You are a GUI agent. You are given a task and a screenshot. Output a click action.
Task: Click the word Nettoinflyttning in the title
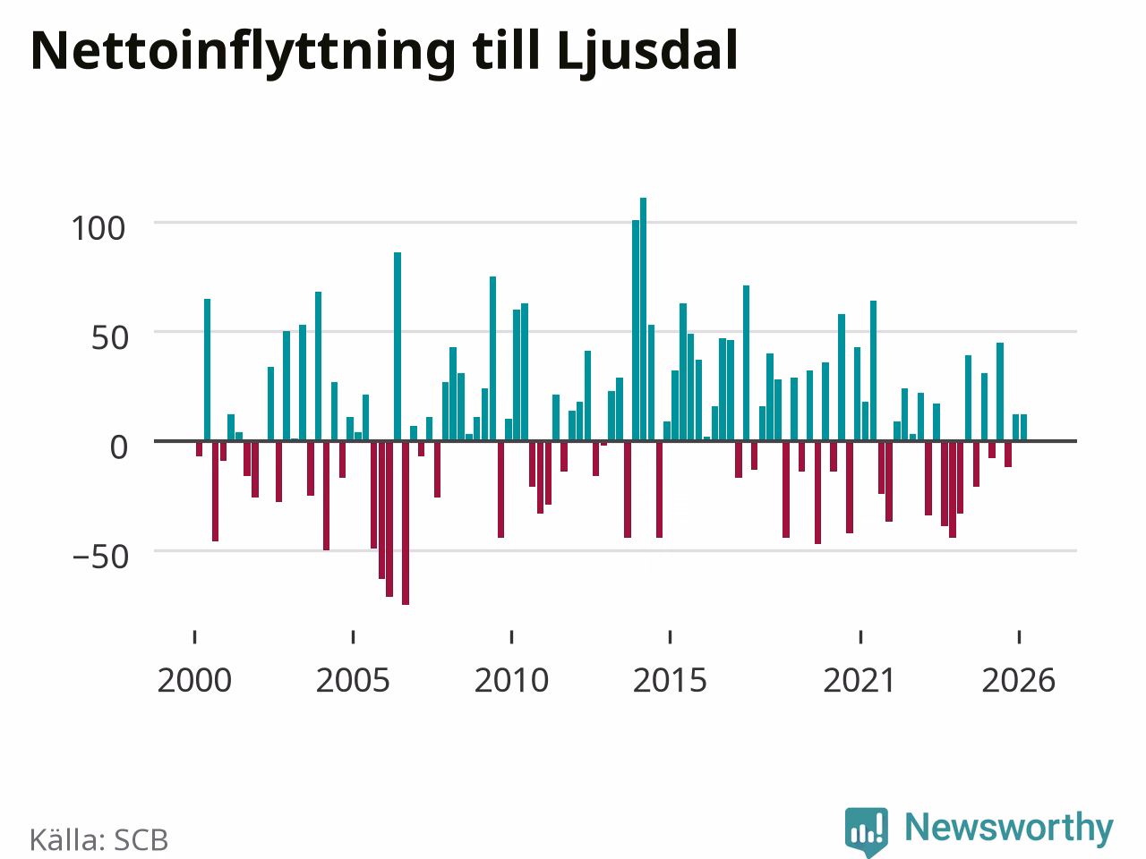[243, 53]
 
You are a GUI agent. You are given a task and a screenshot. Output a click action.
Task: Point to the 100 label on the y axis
[98, 228]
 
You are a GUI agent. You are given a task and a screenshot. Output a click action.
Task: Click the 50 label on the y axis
[109, 338]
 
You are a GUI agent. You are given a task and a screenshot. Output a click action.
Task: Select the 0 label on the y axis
[118, 447]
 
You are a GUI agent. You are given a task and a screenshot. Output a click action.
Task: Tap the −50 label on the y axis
[100, 557]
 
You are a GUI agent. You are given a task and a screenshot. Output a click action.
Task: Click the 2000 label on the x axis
[194, 681]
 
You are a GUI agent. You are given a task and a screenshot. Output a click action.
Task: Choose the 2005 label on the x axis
[353, 681]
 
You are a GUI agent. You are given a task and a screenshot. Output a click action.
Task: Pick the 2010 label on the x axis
[511, 681]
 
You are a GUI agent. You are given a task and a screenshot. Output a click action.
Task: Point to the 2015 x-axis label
[670, 681]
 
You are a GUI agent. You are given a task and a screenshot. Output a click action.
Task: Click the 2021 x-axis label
[859, 681]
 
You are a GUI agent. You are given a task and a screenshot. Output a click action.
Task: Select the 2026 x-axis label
[1019, 681]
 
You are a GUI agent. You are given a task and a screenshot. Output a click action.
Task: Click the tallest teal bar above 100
[643, 319]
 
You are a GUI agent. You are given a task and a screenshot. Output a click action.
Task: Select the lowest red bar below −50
[406, 523]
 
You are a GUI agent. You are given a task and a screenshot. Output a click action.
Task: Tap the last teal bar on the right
[1024, 428]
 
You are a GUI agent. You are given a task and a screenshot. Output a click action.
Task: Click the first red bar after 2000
[199, 448]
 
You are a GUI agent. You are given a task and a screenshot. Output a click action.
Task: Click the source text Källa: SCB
[98, 839]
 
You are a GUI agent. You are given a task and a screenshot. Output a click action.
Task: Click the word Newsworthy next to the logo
[1009, 827]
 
